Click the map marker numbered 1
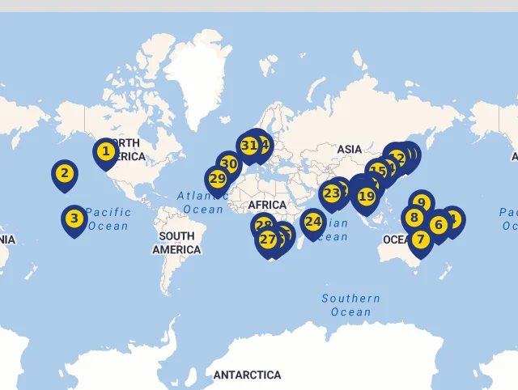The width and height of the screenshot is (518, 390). point(105,150)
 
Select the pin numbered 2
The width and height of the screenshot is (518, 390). point(66,172)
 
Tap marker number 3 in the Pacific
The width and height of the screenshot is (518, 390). point(74,218)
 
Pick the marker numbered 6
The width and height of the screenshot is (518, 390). point(439,224)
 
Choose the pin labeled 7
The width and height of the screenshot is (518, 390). point(420,239)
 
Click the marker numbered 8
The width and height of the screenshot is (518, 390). point(414,217)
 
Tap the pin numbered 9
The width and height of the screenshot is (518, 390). point(420,202)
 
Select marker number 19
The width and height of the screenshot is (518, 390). point(367,196)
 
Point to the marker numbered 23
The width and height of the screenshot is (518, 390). point(331,193)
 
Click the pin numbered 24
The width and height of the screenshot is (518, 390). point(313,221)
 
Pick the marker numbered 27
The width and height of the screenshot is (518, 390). point(267,239)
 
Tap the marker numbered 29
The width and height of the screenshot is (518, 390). point(217,179)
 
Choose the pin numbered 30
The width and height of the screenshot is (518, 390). point(229,164)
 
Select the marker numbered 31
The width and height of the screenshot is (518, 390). point(248,146)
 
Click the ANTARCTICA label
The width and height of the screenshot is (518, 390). point(247,375)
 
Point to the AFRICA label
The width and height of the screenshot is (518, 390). point(268,205)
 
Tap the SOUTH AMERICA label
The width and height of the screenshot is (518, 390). point(176,243)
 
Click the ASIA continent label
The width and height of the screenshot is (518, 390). point(350,149)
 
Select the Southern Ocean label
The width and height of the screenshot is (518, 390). point(350,305)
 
